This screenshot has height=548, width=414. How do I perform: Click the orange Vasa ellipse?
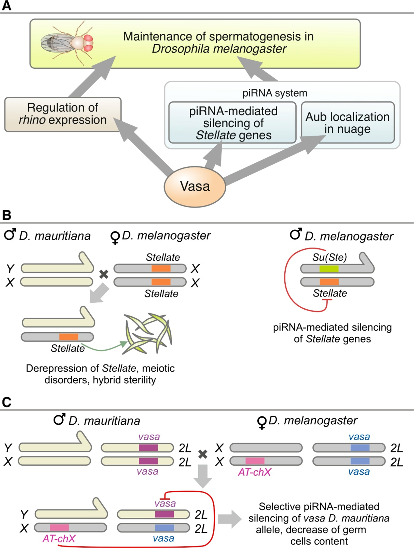coord(195,187)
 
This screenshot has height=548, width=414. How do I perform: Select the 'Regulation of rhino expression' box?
coord(63,114)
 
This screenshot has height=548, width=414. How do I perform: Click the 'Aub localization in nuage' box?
coord(348,123)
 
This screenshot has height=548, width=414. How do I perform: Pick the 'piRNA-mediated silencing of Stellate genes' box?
coord(233,123)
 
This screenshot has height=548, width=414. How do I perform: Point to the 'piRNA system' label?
coord(275,93)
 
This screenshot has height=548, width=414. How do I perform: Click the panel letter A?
coord(6,6)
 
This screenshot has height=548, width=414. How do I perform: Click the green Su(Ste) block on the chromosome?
coord(329,269)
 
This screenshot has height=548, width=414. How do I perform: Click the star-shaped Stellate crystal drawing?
coord(148,333)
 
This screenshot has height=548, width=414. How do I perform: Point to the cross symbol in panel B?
coord(104,274)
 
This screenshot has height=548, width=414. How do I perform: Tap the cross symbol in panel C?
coord(203,454)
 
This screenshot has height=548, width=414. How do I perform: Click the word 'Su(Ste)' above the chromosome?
coord(329,257)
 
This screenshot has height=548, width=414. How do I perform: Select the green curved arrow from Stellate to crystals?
coord(104,348)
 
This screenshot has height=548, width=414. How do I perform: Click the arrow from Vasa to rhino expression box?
coord(145,148)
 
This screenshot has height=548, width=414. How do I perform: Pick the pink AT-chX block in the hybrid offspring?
coord(59,527)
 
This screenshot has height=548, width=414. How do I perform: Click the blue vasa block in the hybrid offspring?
coord(164,527)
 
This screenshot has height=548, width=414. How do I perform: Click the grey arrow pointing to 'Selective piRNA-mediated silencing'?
coord(229,519)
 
